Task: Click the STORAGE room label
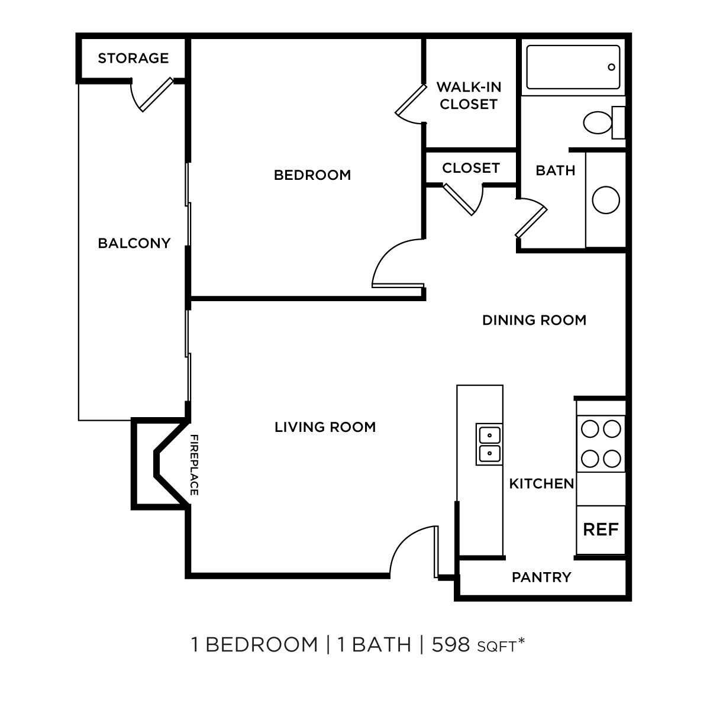[x=133, y=58]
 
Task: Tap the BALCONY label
[x=134, y=243]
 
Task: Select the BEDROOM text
[x=312, y=175]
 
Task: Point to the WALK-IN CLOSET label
[x=469, y=96]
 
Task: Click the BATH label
[x=555, y=170]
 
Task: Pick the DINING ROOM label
[x=534, y=320]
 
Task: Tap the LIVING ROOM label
[x=325, y=427]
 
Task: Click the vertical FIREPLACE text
[x=193, y=465]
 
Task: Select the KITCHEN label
[x=541, y=484]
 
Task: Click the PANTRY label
[x=541, y=577]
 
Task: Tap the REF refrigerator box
[x=601, y=530]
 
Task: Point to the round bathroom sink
[x=606, y=200]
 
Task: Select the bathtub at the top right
[x=572, y=67]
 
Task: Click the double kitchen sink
[x=489, y=444]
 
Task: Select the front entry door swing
[x=411, y=550]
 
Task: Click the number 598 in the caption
[x=451, y=644]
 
